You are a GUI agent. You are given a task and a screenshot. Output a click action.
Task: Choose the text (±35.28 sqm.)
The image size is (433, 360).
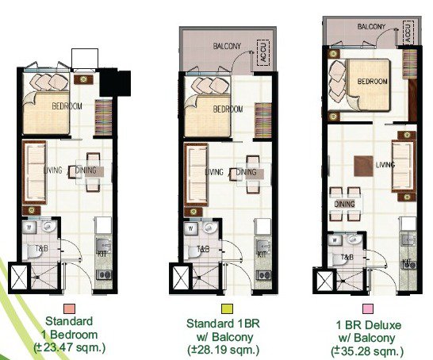(368, 350)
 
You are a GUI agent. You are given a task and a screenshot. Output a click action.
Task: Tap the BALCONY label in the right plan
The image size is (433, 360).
(370, 26)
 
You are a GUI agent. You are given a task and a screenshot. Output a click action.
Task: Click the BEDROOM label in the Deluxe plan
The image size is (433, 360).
(371, 82)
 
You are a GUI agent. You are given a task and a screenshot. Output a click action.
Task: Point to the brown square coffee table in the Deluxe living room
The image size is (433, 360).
(363, 167)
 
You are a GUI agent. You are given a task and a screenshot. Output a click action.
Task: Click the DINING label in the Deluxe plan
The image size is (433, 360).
(344, 204)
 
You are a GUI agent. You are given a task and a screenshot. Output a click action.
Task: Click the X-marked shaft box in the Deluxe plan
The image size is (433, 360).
(325, 282)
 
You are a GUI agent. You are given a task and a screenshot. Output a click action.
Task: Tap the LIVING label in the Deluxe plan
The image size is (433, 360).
(385, 164)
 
